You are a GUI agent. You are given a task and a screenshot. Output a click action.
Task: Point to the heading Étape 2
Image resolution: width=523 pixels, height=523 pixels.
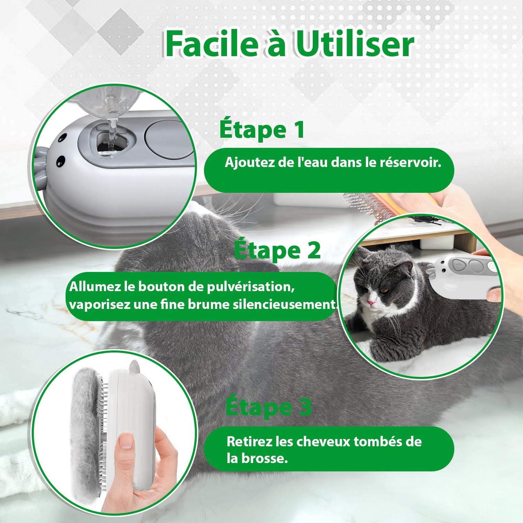(x=277, y=250)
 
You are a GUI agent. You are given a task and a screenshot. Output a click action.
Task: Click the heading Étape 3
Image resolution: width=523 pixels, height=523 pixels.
(x=268, y=407)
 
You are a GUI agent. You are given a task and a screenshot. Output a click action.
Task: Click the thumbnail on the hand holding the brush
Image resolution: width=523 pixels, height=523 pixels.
(x=126, y=441)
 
